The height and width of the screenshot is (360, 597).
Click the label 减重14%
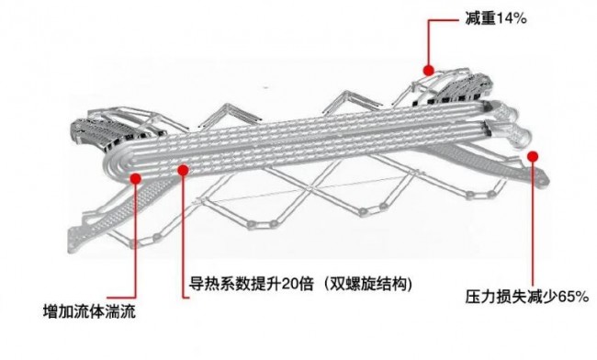click(x=496, y=17)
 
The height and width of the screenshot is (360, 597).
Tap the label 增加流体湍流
click(x=89, y=311)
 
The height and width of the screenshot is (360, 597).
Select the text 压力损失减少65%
click(x=527, y=297)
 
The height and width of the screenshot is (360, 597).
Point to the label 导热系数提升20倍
click(x=252, y=284)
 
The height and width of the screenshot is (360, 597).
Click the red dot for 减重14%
click(x=429, y=71)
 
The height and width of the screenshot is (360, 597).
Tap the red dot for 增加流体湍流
click(x=136, y=178)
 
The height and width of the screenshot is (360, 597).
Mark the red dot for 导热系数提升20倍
click(x=183, y=170)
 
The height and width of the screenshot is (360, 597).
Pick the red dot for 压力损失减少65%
click(x=533, y=156)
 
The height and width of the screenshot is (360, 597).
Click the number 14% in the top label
click(x=512, y=18)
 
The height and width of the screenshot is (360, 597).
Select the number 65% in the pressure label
click(x=574, y=297)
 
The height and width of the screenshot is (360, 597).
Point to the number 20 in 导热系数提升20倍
click(x=289, y=284)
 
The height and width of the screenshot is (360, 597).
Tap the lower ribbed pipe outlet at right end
click(x=510, y=133)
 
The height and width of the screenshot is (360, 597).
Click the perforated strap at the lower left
click(x=114, y=213)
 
